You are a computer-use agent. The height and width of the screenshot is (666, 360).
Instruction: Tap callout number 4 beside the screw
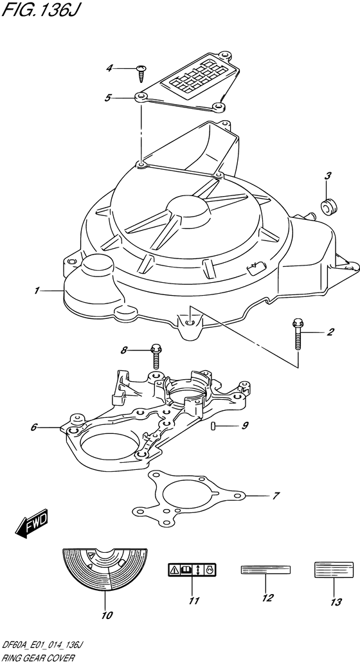click(110, 67)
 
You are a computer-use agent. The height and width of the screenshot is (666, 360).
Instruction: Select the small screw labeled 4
click(141, 73)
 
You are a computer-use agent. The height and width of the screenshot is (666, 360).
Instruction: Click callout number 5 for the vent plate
click(109, 98)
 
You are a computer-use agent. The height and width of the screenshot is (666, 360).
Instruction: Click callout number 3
click(328, 175)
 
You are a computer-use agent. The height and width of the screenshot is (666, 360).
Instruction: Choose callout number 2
click(330, 332)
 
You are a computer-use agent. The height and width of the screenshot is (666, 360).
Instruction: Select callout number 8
click(124, 350)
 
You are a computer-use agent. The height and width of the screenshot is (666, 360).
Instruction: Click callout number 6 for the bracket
click(34, 428)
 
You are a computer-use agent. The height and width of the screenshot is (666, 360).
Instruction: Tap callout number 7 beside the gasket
click(276, 495)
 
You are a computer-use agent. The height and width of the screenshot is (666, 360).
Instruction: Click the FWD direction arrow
click(33, 522)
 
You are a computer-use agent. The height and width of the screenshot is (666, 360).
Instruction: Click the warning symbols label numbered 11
click(192, 570)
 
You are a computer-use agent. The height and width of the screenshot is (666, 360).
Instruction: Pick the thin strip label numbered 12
click(265, 570)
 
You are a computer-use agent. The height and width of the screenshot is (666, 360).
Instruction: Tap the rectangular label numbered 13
click(334, 570)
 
